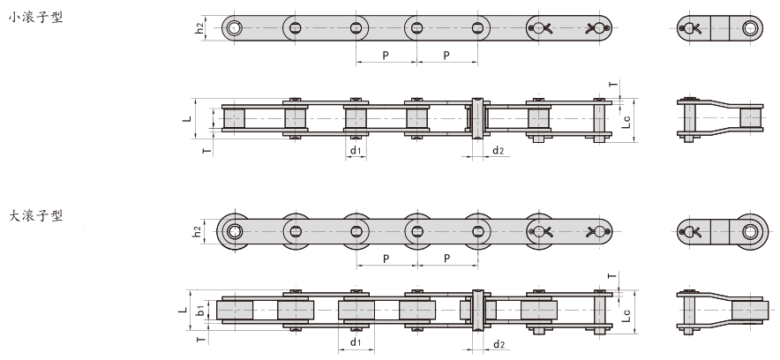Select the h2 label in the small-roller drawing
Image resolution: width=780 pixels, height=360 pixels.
[x=199, y=28]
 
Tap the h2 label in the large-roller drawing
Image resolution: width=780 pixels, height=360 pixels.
[x=199, y=231]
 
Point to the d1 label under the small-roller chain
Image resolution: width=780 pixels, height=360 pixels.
[x=355, y=151]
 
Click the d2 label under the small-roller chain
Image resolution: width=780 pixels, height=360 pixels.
[x=499, y=151]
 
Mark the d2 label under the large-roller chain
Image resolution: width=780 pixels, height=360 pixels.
[x=499, y=343]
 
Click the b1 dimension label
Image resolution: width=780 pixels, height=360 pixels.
[x=202, y=311]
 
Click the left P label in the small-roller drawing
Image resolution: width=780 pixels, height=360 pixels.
[x=386, y=56]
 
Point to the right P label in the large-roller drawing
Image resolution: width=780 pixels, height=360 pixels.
[x=446, y=259]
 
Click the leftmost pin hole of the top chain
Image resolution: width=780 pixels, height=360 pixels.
[x=234, y=28]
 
